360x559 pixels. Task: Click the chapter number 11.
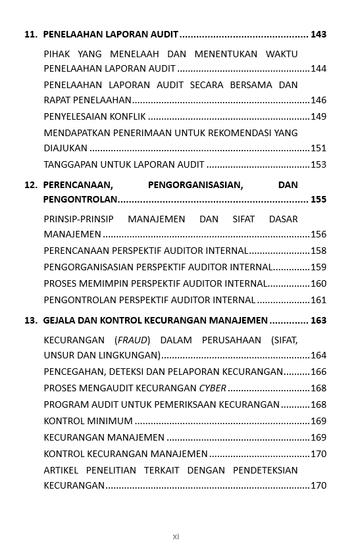(30, 34)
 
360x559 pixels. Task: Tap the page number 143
(319, 34)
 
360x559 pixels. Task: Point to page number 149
(319, 116)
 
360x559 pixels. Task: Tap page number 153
(319, 164)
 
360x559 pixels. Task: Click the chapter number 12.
(30, 185)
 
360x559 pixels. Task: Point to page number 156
(319, 234)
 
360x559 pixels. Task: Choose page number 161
(319, 300)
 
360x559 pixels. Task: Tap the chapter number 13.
(30, 320)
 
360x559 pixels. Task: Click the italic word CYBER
(213, 388)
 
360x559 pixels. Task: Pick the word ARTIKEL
(61, 470)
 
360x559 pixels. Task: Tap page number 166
(319, 372)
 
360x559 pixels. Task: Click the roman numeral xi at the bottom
(176, 537)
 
